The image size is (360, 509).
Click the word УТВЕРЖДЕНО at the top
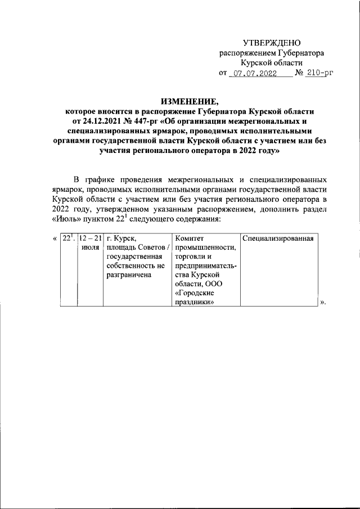272,43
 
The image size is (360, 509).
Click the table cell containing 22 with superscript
68,238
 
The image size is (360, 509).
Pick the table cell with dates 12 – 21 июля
90,242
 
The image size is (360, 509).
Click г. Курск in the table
121,238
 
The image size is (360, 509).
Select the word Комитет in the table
191,238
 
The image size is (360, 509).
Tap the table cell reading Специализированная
278,238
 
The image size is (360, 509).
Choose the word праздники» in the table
195,301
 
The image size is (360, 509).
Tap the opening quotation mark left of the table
54,238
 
